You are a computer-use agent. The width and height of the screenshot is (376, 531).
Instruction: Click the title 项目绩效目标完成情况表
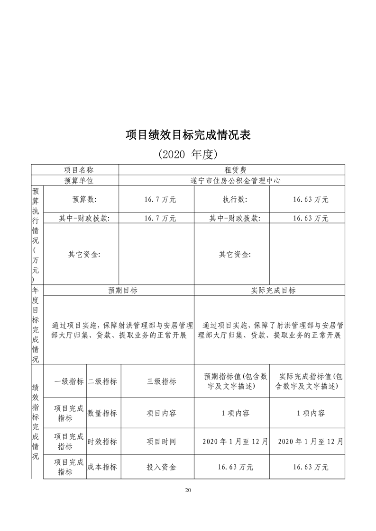(x=188, y=135)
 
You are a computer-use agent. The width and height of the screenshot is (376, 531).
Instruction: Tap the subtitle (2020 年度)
(x=188, y=154)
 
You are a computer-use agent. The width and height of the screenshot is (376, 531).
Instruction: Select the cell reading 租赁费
(x=232, y=170)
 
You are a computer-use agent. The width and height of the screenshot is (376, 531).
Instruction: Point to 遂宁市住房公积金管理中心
(x=232, y=181)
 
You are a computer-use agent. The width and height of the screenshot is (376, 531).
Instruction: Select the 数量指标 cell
(x=102, y=413)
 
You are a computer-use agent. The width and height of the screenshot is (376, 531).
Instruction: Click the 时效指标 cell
(x=102, y=442)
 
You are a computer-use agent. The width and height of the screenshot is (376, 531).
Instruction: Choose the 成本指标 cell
(x=102, y=467)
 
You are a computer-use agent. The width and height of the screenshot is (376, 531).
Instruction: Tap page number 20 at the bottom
(x=188, y=490)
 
